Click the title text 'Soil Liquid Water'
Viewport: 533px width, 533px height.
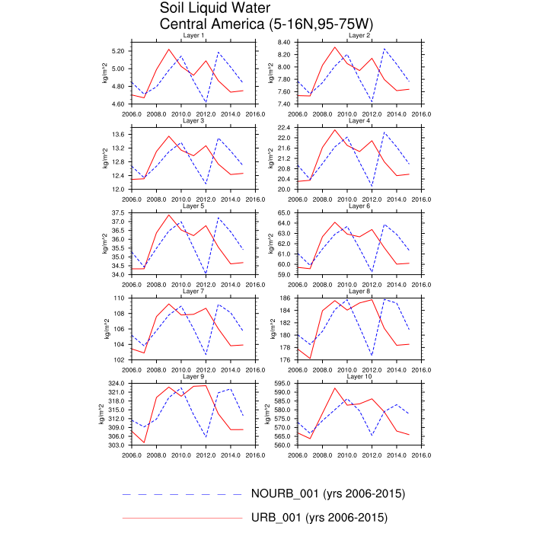[215, 8]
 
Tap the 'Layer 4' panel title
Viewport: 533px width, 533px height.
[359, 120]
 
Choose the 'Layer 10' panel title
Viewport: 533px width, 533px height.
[360, 376]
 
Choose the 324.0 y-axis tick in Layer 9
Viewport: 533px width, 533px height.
[115, 383]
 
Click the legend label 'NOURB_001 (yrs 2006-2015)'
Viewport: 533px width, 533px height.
[327, 494]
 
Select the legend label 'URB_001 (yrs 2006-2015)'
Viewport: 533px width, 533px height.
[319, 519]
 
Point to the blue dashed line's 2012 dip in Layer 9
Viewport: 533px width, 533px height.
[206, 437]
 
